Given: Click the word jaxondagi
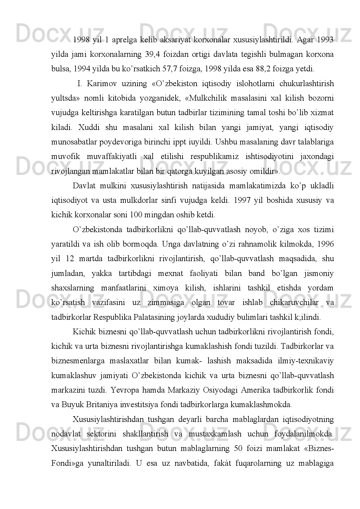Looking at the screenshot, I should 317,157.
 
